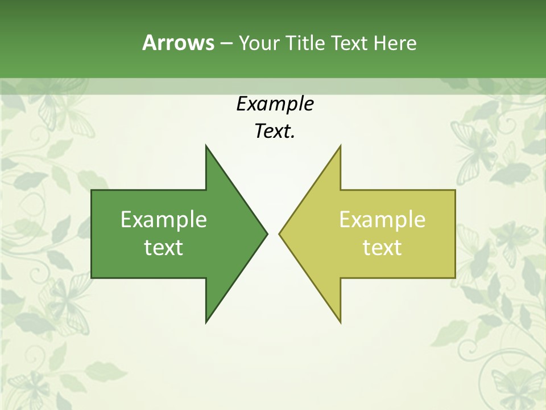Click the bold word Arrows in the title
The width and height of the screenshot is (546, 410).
click(x=177, y=43)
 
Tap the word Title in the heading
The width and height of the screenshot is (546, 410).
click(x=304, y=43)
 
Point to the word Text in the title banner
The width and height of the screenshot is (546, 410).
click(x=350, y=43)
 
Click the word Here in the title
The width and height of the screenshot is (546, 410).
click(x=395, y=43)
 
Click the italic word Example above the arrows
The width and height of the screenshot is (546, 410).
click(x=275, y=104)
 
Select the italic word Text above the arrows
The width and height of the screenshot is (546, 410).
click(x=272, y=132)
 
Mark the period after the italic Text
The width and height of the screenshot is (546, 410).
click(x=293, y=137)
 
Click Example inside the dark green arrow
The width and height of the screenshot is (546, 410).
click(x=163, y=220)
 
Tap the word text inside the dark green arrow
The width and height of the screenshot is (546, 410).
click(x=163, y=248)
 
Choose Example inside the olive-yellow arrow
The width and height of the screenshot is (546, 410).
click(x=382, y=220)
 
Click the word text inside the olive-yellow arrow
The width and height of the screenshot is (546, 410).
click(x=382, y=248)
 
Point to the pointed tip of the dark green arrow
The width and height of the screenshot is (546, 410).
click(x=266, y=233)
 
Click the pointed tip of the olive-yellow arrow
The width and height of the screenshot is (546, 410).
click(x=280, y=233)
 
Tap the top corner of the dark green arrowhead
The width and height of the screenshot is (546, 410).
click(x=206, y=146)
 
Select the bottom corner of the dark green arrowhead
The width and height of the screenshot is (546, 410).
click(x=206, y=322)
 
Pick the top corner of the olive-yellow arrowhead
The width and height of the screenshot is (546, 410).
click(x=340, y=146)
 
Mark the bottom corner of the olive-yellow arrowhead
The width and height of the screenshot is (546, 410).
click(x=340, y=322)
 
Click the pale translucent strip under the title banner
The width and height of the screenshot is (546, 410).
click(x=273, y=86)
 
